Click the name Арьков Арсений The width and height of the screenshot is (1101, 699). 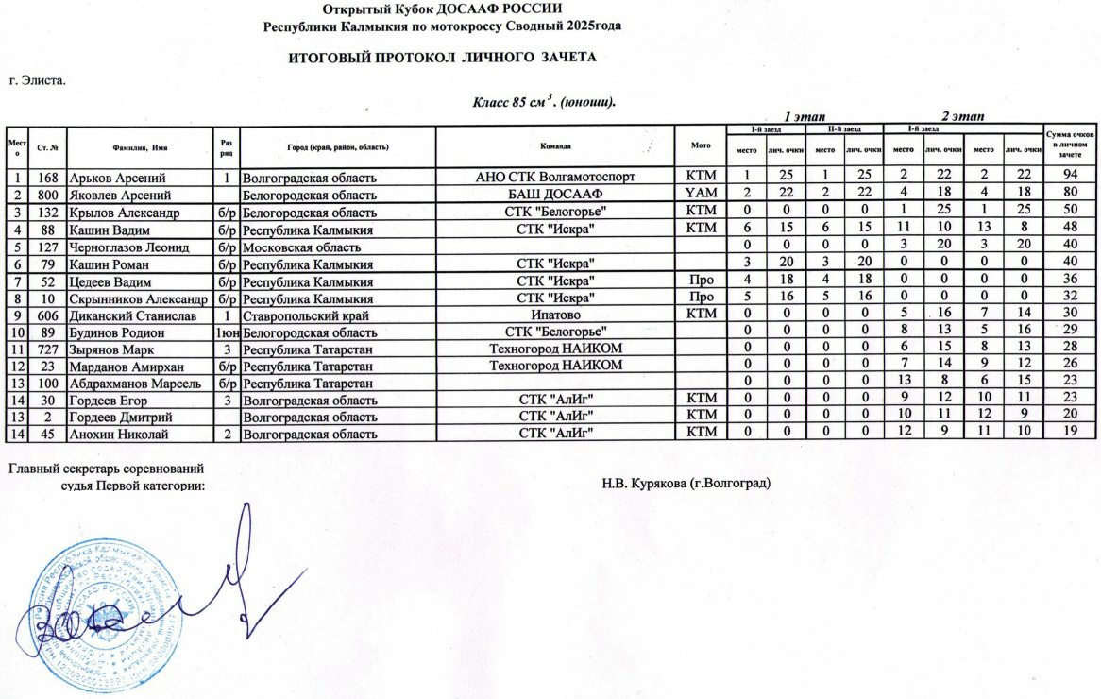click(x=118, y=178)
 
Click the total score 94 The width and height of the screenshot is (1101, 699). click(x=1070, y=178)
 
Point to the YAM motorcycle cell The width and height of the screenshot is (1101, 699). click(x=700, y=194)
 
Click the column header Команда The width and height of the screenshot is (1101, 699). click(x=554, y=146)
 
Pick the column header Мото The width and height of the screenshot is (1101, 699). click(x=700, y=146)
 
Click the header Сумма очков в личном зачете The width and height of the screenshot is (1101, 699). click(x=1070, y=146)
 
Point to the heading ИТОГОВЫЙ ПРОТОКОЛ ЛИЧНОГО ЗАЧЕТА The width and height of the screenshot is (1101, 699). click(x=442, y=58)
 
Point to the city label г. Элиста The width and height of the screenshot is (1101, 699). click(x=37, y=81)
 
